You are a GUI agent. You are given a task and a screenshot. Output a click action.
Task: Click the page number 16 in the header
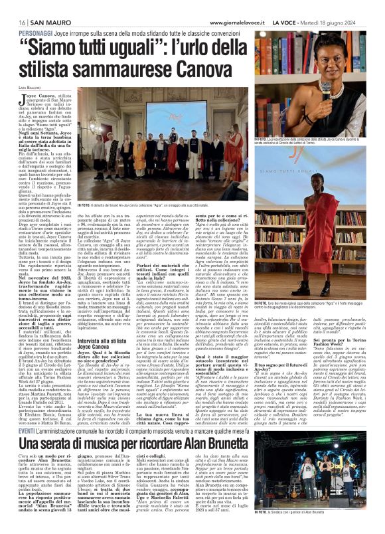point(13,6)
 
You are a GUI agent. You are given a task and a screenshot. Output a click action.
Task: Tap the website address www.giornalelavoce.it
point(236,6)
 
